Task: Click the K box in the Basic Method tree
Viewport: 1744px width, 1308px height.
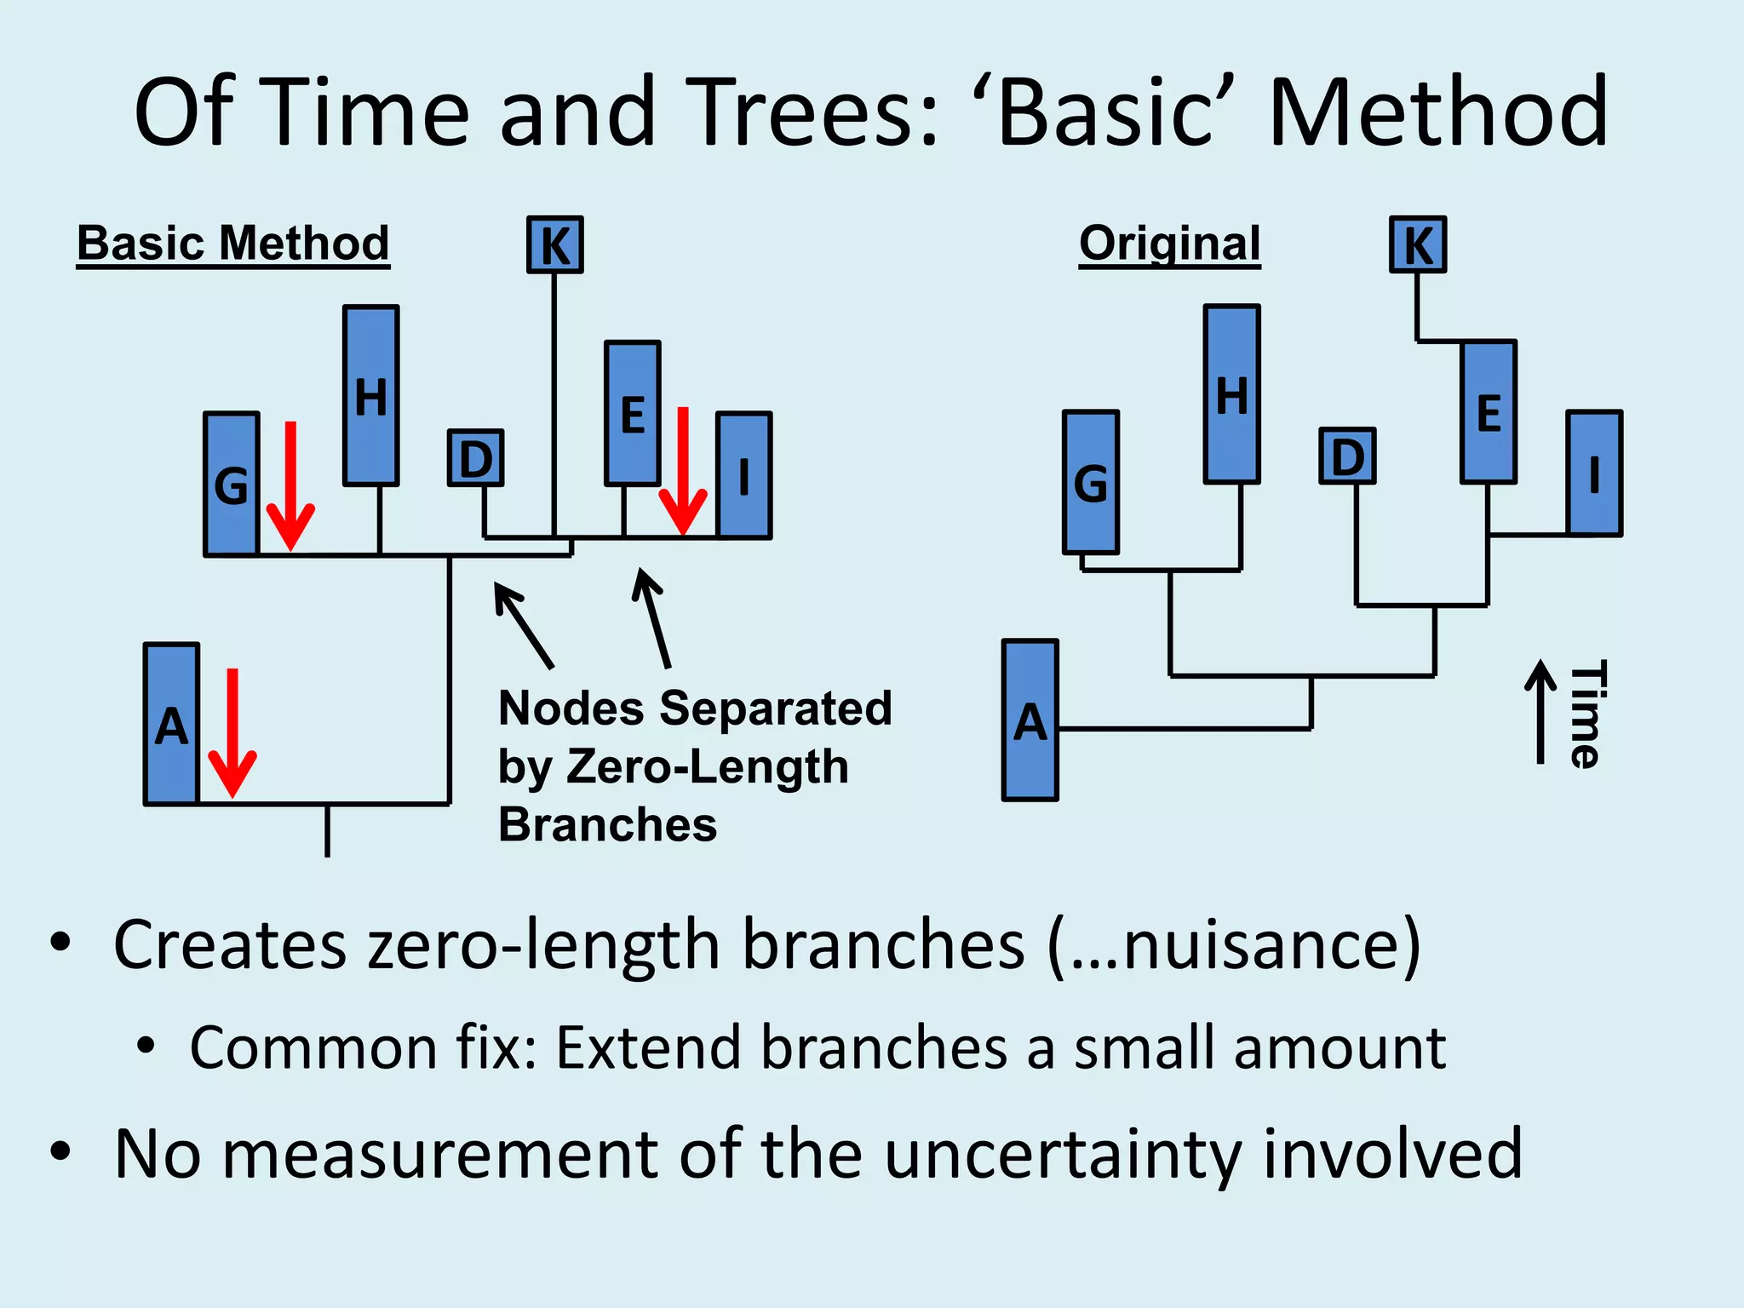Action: click(554, 245)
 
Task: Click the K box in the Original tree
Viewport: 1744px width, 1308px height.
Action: click(1418, 245)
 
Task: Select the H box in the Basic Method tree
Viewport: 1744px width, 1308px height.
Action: click(371, 396)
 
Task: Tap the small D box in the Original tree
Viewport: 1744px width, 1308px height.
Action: click(1347, 456)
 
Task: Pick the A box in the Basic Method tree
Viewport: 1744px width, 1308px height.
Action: click(172, 724)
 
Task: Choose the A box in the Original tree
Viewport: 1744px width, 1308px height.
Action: click(1030, 720)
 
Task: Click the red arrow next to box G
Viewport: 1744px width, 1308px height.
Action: click(290, 485)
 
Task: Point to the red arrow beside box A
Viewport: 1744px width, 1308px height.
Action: click(232, 732)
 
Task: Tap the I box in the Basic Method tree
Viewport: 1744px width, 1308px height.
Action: click(744, 475)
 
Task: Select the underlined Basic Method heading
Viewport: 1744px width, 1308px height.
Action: click(232, 244)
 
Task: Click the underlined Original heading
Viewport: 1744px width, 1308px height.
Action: click(1169, 244)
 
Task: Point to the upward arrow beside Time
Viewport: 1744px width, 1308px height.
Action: click(1540, 712)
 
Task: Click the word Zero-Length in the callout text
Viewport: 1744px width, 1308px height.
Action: click(707, 766)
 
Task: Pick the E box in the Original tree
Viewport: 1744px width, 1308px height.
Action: click(1488, 412)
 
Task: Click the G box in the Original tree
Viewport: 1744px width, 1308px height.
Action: click(1091, 483)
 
